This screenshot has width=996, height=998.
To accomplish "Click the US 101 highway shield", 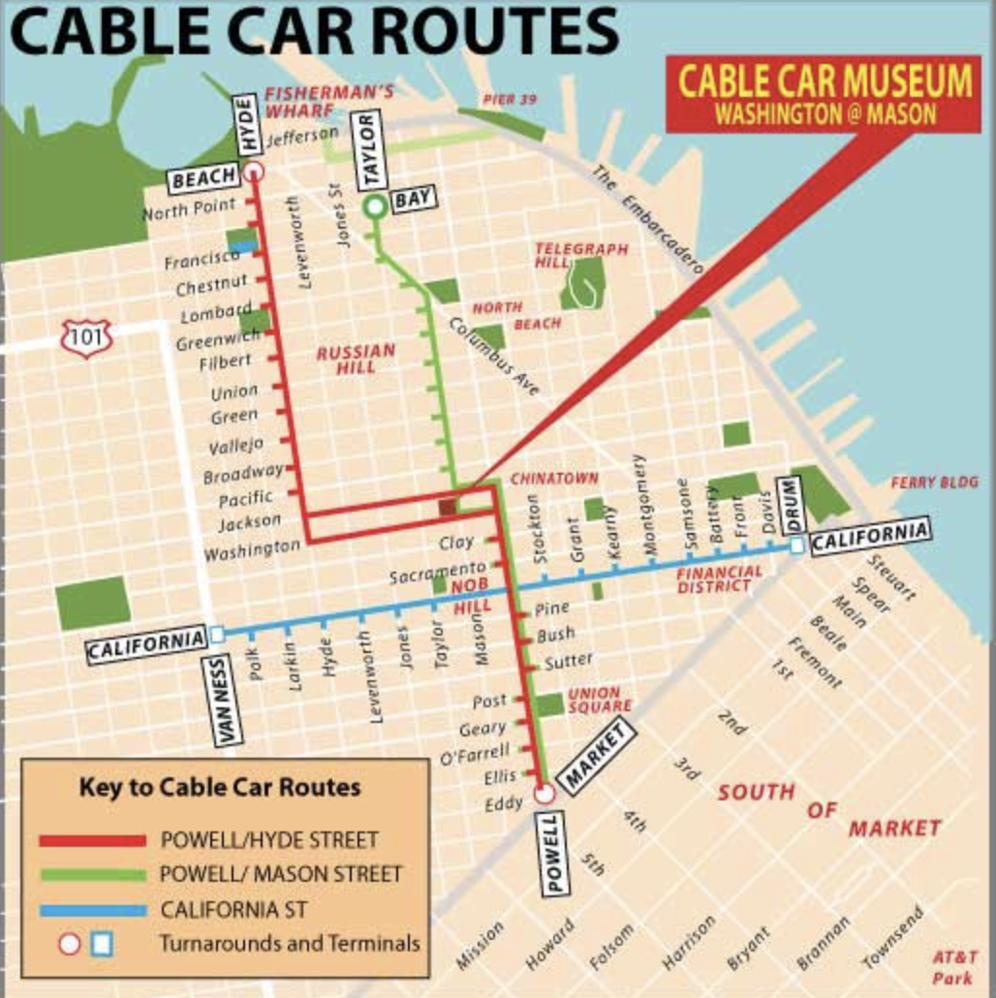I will (87, 337).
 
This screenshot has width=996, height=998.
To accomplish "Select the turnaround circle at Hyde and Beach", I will (254, 172).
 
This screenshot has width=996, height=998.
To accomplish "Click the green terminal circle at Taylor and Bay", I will (374, 206).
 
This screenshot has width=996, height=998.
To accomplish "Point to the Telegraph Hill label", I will (581, 256).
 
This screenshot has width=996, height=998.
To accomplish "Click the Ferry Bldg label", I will (934, 482).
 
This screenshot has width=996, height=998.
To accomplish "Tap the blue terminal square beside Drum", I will (796, 546).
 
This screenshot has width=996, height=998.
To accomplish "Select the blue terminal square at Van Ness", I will (217, 634).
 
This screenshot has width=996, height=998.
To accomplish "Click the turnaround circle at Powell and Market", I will (544, 794).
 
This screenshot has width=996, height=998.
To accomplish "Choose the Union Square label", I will (593, 700).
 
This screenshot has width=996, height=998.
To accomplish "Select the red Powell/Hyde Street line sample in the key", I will (92, 840).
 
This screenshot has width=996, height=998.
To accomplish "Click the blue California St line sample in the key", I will (92, 910).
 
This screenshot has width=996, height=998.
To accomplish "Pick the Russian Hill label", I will (356, 359).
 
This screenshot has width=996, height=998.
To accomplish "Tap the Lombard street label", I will (215, 312).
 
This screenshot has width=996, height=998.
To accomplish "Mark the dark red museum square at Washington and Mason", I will (447, 506).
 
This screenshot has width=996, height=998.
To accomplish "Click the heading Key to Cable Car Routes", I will (219, 787).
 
